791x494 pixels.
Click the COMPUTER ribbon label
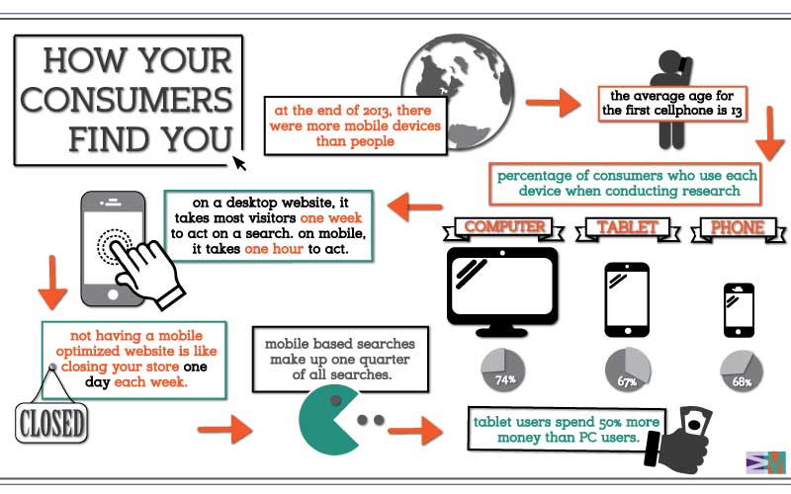[505, 228]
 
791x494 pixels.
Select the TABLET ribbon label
[627, 228]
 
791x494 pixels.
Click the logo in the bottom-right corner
[764, 462]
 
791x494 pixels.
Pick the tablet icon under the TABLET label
[627, 295]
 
